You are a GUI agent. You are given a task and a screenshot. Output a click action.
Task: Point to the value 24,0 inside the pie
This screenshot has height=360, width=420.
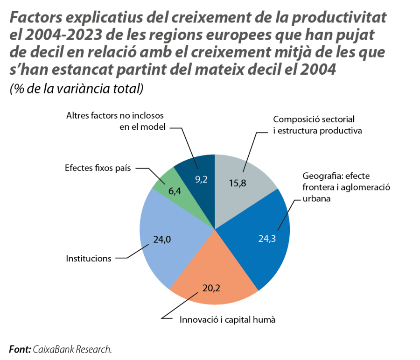click(x=162, y=240)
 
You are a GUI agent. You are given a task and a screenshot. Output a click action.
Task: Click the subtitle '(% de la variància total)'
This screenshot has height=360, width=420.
click(x=76, y=89)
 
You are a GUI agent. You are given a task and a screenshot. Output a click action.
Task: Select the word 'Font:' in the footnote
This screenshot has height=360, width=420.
click(x=19, y=349)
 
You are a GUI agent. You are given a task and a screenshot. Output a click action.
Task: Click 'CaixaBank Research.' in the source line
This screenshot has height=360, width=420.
click(x=72, y=349)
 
